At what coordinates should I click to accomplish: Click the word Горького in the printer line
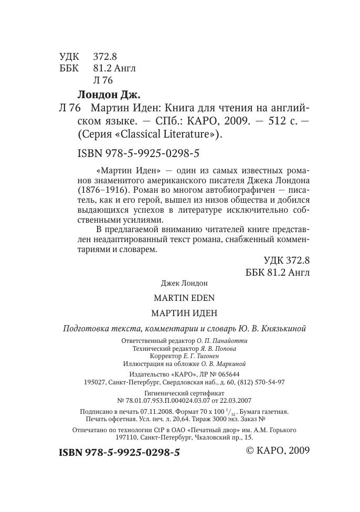pyautogui.click(x=281, y=430)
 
